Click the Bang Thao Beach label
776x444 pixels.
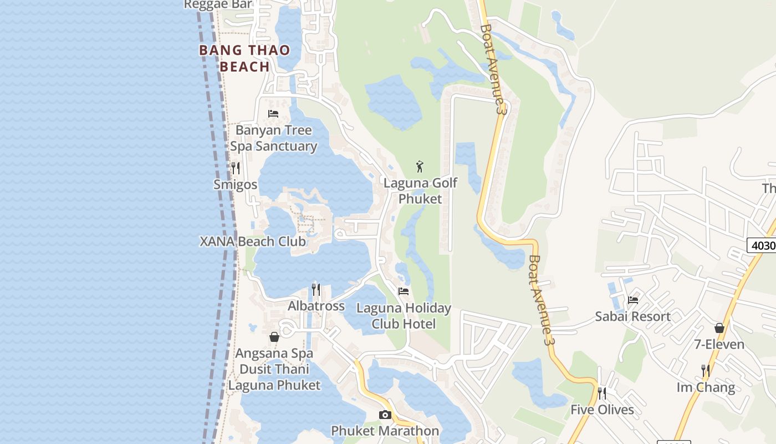click(x=244, y=58)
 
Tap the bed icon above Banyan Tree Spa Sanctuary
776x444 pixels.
click(x=273, y=114)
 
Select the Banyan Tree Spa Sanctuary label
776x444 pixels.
click(x=273, y=138)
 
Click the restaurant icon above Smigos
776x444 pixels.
click(x=236, y=168)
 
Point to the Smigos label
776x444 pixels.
click(x=236, y=184)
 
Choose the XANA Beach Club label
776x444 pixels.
click(x=253, y=241)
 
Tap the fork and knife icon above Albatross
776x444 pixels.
click(x=316, y=289)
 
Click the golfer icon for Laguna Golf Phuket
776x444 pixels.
click(x=420, y=166)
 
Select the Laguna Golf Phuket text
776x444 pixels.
click(x=421, y=191)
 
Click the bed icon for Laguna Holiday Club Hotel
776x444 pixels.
click(x=404, y=291)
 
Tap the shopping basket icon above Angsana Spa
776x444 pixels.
click(x=274, y=337)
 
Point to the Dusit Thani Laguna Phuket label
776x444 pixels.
click(x=274, y=377)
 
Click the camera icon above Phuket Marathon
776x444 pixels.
click(x=385, y=415)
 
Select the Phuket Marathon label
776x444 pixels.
click(x=385, y=431)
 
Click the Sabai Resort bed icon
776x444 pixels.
click(x=633, y=300)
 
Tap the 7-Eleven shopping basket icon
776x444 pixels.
click(x=719, y=328)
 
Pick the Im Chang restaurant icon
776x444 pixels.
click(x=706, y=370)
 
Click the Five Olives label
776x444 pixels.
click(x=603, y=410)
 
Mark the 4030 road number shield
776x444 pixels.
click(x=763, y=245)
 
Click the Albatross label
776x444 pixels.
click(x=316, y=306)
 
